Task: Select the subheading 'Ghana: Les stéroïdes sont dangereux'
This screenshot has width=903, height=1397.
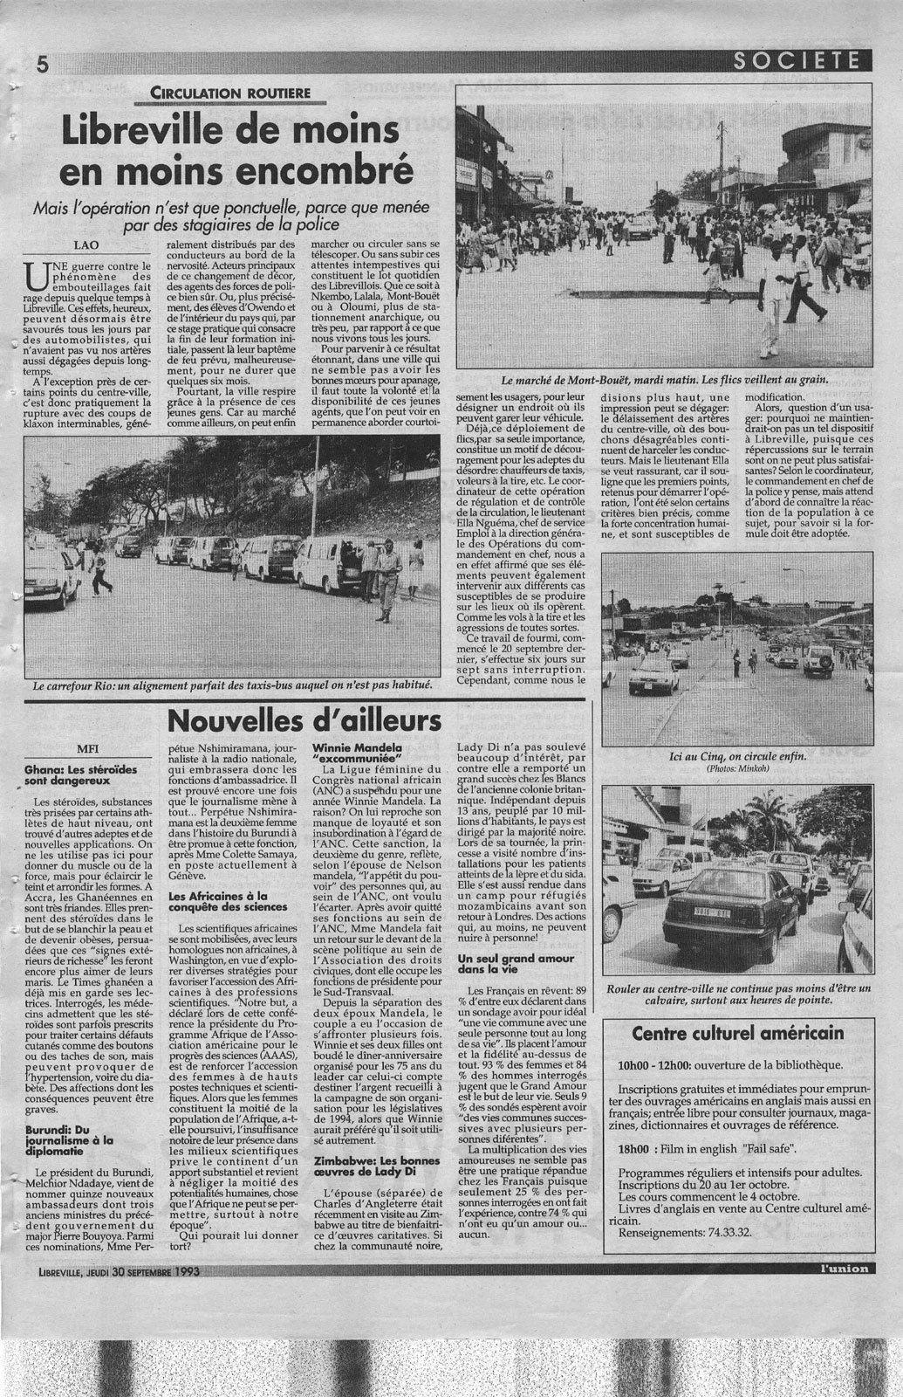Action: click(87, 777)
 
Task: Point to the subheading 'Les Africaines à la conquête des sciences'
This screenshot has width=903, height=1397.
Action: click(220, 902)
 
